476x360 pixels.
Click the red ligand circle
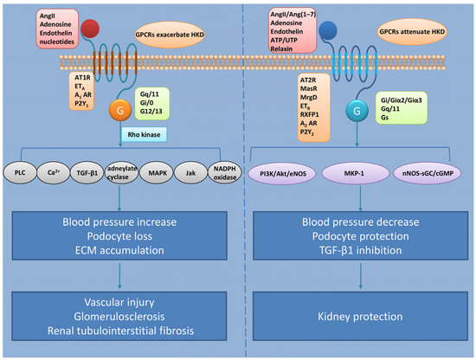90,29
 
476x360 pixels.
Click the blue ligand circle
328,30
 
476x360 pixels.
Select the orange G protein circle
120,110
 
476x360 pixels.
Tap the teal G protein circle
357,111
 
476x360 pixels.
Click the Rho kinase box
144,134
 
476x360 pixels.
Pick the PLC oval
20,173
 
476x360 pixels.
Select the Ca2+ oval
54,173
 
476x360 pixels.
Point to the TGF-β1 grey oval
87,173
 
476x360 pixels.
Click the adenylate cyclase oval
121,172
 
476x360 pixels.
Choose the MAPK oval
158,173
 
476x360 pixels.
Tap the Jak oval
190,173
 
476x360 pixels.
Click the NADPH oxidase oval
225,173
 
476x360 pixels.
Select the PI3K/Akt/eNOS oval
283,174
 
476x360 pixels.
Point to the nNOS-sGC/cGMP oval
428,173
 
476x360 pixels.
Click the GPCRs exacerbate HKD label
170,35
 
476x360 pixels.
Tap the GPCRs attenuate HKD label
412,31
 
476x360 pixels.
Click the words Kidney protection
360,317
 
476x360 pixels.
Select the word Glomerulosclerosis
119,317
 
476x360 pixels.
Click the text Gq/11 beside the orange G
150,94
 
